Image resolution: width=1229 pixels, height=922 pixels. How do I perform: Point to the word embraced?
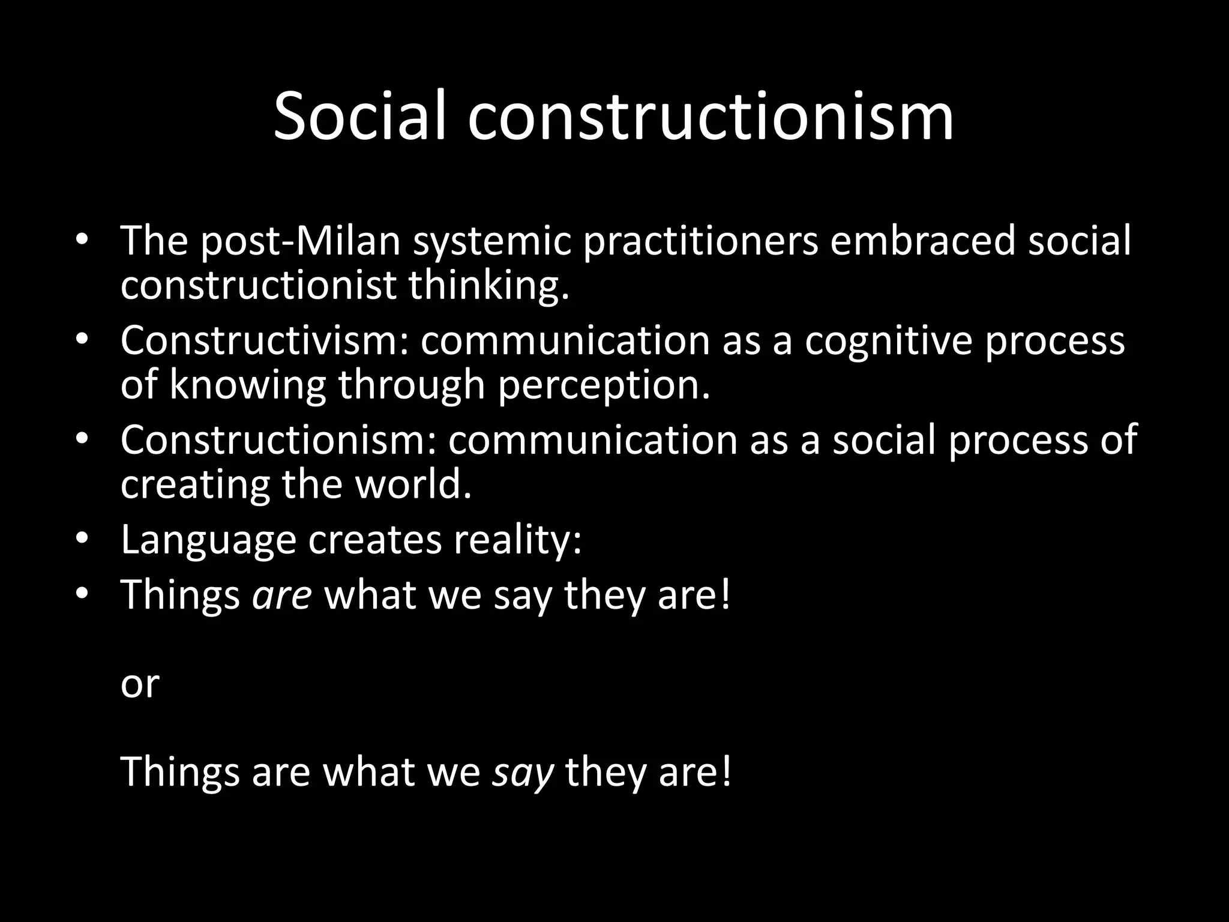click(x=922, y=241)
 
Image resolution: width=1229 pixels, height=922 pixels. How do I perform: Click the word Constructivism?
click(x=263, y=341)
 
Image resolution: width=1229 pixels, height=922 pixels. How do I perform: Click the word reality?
click(x=517, y=540)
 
